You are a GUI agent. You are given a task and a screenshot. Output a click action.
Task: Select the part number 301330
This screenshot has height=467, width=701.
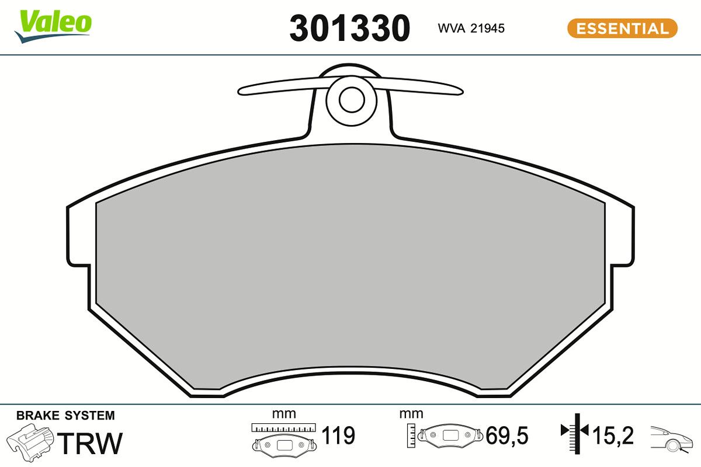(x=350, y=28)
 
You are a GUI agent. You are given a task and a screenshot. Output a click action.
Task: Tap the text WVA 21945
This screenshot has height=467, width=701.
(x=471, y=28)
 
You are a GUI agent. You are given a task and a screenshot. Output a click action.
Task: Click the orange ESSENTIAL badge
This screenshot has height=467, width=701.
(x=622, y=28)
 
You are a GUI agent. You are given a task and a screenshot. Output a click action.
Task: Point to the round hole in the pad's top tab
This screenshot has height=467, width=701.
(x=351, y=100)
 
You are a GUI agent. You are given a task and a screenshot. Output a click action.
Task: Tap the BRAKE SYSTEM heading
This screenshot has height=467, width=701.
(x=65, y=416)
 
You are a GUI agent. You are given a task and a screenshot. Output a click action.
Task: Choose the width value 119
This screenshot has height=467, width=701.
(x=338, y=435)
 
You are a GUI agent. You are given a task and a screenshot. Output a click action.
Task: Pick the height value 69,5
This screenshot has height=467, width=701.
(x=507, y=435)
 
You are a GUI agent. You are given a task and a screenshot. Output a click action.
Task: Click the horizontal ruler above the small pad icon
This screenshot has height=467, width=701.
(x=283, y=427)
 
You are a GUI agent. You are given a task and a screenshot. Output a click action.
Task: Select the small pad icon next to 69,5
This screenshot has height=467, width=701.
(x=450, y=435)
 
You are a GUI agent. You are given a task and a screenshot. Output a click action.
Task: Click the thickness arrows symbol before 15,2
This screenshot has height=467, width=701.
(x=575, y=431)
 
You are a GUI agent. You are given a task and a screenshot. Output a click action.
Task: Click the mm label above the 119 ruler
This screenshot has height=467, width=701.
(x=284, y=414)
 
